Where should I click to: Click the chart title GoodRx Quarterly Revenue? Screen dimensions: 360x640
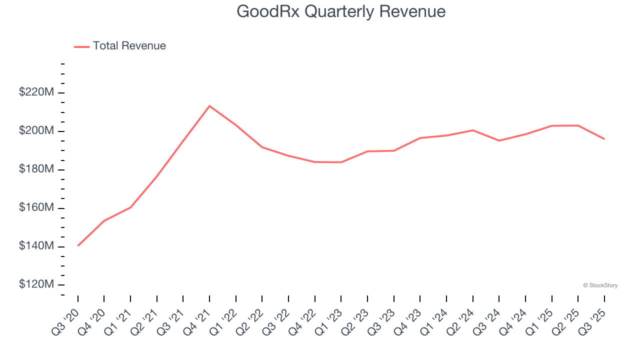coord(341,11)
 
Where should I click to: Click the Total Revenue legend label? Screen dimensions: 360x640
coord(129,46)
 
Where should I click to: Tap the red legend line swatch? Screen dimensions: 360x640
coord(81,46)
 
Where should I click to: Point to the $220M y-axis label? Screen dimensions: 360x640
coord(36,92)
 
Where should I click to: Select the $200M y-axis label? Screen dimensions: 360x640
coord(36,131)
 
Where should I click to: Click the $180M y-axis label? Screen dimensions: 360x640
coord(36,169)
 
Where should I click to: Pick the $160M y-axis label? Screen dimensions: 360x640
coord(36,208)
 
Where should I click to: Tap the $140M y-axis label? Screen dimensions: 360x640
coord(36,246)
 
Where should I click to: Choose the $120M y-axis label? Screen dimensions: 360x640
coord(36,284)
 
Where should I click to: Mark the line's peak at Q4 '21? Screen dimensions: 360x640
coord(209,106)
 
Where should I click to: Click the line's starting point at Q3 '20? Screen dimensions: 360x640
coord(78,245)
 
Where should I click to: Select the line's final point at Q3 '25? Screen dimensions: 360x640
coord(604,139)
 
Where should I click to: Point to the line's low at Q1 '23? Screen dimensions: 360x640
coord(341,162)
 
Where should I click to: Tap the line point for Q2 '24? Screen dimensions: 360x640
coord(472,130)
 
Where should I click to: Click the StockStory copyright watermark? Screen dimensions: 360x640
coord(600,285)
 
